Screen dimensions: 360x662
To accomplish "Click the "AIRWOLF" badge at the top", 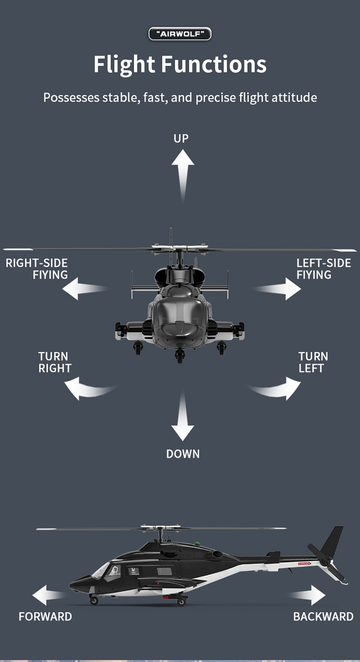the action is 180,34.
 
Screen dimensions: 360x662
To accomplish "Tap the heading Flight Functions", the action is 180,64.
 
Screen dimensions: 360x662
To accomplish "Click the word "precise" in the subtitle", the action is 216,98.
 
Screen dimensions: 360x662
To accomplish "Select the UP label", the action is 181,138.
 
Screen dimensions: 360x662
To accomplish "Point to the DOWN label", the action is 183,454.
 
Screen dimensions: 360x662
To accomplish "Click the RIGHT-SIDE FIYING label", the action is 37,269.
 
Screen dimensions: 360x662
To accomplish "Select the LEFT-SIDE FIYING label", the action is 324,269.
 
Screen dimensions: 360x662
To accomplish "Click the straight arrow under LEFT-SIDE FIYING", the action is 277,289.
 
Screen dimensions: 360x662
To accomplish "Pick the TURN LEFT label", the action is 313,362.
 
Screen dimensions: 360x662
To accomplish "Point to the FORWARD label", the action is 45,617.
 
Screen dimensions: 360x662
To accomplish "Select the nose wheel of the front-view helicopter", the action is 180,355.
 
